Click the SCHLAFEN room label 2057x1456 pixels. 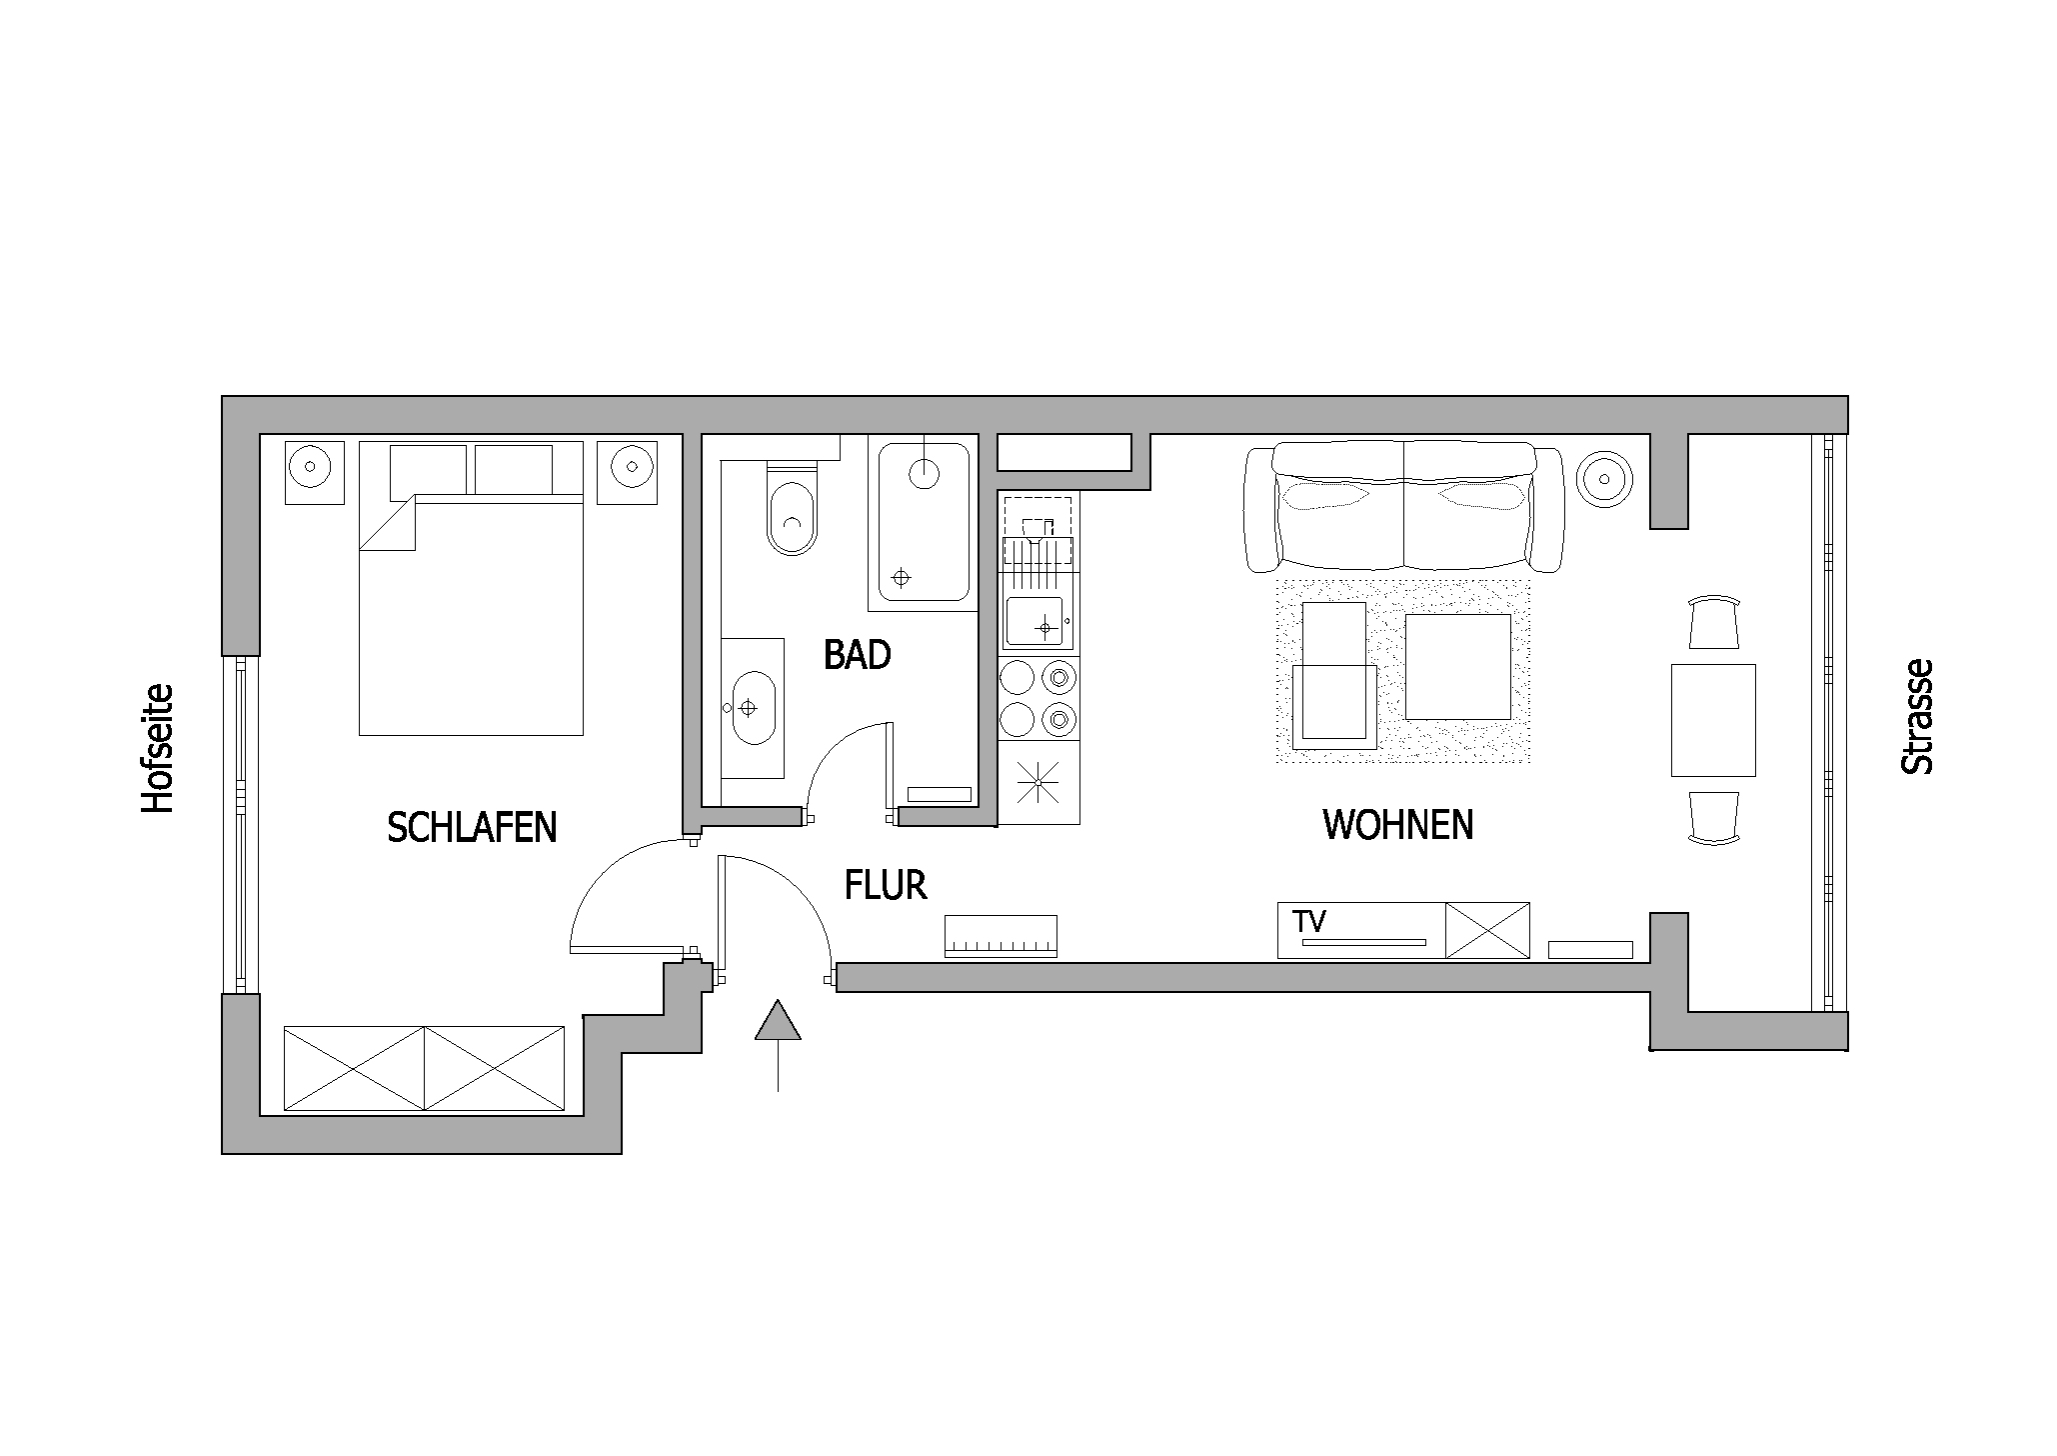click(472, 827)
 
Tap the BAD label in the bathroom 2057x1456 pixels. click(857, 655)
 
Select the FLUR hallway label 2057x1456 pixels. click(886, 885)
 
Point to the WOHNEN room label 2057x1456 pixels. click(1398, 825)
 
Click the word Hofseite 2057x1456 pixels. click(158, 748)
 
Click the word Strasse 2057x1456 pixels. click(1917, 716)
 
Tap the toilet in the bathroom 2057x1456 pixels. click(792, 509)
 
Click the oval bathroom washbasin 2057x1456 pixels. click(753, 708)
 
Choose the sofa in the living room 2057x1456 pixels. click(1404, 507)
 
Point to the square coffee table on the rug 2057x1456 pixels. click(1457, 666)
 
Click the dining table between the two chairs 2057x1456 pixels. click(1713, 720)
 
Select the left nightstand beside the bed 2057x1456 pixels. click(313, 473)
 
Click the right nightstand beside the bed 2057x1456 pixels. click(629, 473)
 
